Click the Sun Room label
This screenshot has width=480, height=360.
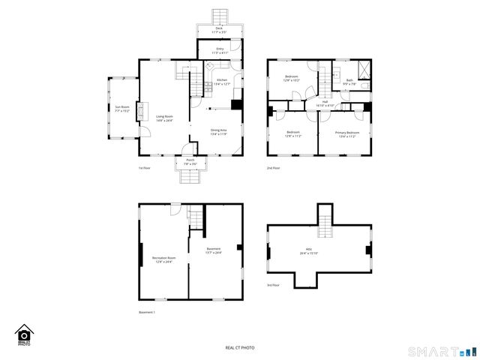coord(121,109)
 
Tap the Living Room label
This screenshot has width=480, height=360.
coord(164,118)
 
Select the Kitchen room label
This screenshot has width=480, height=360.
coord(223,82)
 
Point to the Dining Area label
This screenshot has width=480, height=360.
coord(219,132)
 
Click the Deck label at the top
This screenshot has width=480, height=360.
coord(219,30)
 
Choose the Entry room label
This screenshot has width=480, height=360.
coord(219,51)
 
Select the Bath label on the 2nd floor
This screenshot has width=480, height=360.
coord(349,82)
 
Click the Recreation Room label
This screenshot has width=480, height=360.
coord(163,260)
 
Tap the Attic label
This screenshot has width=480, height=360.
coord(319,253)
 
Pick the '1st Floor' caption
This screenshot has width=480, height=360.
coord(145,168)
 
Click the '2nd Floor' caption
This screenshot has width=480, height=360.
coord(274,168)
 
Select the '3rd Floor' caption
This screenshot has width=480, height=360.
coord(274,285)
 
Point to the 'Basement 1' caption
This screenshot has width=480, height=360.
coord(147,312)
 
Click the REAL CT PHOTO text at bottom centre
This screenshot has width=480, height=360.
coord(240,347)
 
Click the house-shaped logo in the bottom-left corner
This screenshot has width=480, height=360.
coord(24,334)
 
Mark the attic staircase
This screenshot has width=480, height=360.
coord(325,217)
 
